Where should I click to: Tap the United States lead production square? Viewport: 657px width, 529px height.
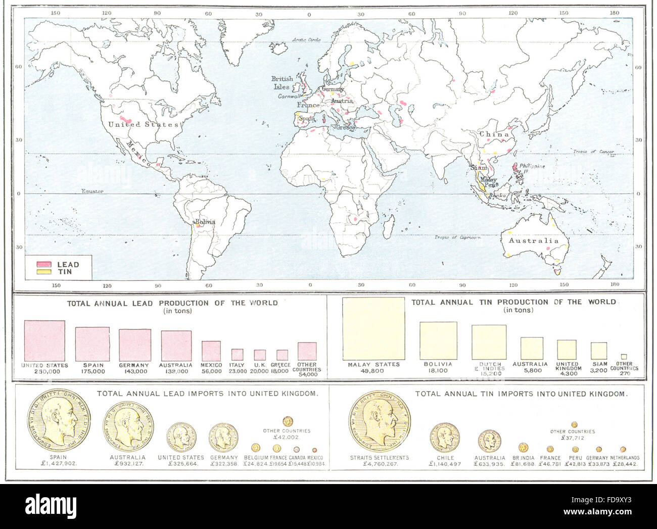tap(44, 341)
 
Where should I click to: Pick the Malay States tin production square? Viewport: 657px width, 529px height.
tap(373, 328)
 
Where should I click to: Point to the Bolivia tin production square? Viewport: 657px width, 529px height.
tap(438, 341)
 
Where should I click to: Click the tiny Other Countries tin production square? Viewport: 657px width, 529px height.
tap(624, 356)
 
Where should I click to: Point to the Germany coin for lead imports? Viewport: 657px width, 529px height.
tap(223, 438)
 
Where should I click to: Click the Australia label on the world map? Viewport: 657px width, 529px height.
tap(534, 241)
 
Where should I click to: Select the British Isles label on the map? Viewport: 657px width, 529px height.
tap(282, 82)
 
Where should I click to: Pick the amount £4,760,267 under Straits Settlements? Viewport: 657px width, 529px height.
tap(379, 464)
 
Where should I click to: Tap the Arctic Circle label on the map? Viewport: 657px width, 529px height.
tap(309, 39)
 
